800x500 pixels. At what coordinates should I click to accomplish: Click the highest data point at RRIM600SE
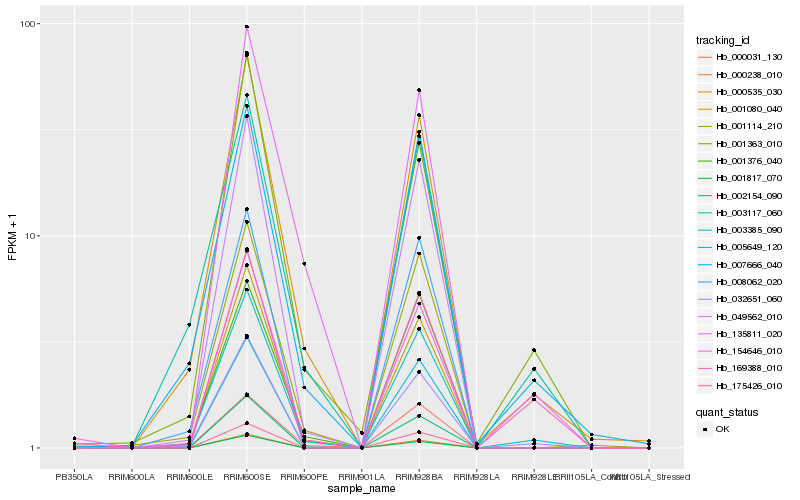point(246,27)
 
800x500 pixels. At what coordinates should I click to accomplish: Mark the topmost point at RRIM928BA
point(418,90)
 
